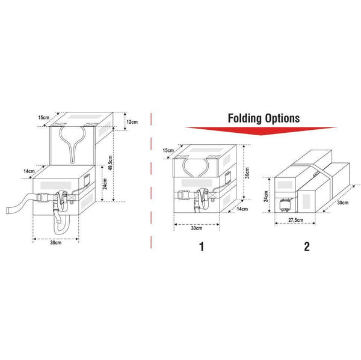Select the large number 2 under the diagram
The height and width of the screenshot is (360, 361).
pyautogui.click(x=306, y=246)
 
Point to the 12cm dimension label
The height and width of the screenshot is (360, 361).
pyautogui.click(x=132, y=123)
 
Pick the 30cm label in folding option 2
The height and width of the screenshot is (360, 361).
pyautogui.click(x=342, y=203)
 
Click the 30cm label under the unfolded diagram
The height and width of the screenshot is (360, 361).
pyautogui.click(x=55, y=243)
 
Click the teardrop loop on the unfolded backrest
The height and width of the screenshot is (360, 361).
pyautogui.click(x=74, y=144)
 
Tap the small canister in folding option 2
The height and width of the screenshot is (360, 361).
pyautogui.click(x=285, y=204)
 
